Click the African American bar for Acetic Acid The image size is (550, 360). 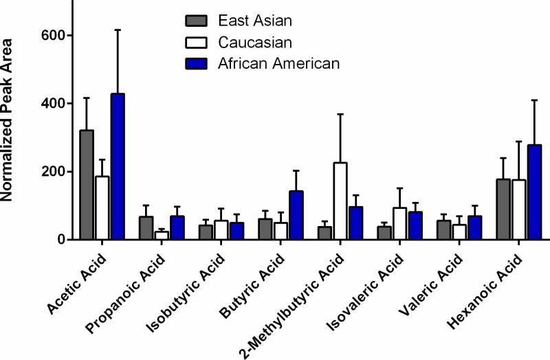[x=117, y=167]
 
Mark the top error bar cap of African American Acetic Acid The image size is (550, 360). [x=117, y=30]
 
